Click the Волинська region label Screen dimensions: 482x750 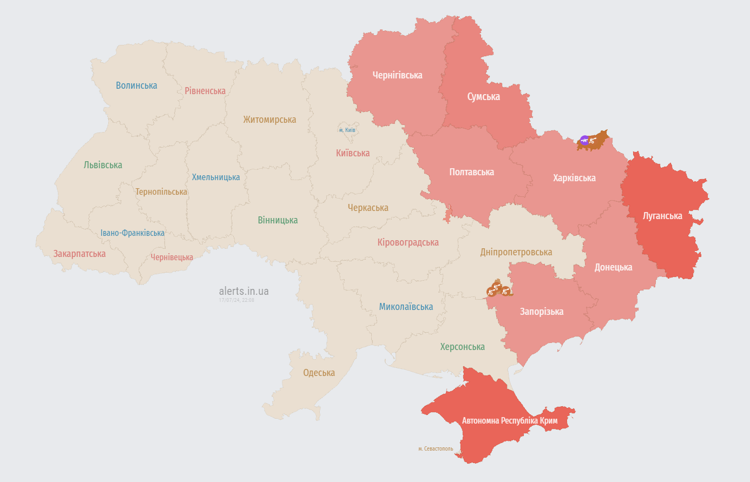tap(136, 85)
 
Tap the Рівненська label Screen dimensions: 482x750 tap(205, 91)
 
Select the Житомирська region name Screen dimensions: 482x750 tap(269, 120)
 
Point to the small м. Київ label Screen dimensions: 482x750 tap(347, 130)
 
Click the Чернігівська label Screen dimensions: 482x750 tap(397, 75)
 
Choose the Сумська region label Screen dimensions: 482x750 tap(483, 97)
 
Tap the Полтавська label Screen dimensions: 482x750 tap(471, 172)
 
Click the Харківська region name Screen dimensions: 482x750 tap(574, 178)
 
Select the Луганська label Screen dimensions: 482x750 tap(662, 216)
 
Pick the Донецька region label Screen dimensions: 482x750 tap(613, 267)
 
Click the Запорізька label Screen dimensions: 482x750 tap(542, 312)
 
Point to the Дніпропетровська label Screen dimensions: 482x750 tap(516, 252)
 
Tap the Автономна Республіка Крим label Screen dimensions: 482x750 tap(510, 421)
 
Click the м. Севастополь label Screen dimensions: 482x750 tap(436, 449)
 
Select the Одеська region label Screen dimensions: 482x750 tap(319, 373)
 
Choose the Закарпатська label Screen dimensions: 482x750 tap(79, 254)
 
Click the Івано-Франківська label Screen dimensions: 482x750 tap(133, 233)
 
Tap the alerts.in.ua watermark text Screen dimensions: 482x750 tap(244, 291)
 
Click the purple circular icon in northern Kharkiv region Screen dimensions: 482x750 tap(584, 141)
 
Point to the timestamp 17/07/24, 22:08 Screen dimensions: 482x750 tap(236, 300)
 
